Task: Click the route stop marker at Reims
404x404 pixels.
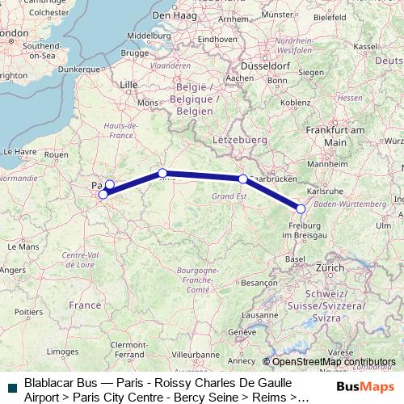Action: click(162, 173)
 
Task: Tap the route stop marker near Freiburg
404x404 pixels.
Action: click(301, 209)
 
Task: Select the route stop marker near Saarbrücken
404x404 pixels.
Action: click(242, 179)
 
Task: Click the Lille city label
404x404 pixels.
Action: click(128, 84)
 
